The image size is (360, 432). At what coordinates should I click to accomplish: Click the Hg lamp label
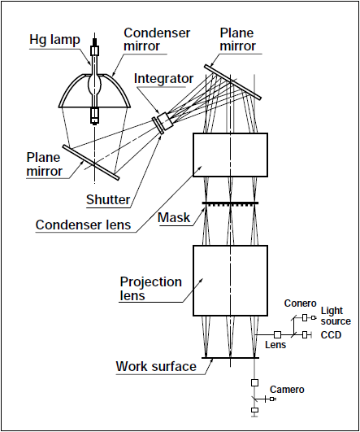pyautogui.click(x=54, y=40)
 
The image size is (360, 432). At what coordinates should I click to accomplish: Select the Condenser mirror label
pyautogui.click(x=157, y=39)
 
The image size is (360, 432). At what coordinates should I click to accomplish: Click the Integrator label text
pyautogui.click(x=163, y=79)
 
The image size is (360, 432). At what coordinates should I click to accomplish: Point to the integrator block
pyautogui.click(x=166, y=121)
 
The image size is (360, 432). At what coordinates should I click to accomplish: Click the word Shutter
pyautogui.click(x=108, y=199)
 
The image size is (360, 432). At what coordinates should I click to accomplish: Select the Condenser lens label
pyautogui.click(x=83, y=225)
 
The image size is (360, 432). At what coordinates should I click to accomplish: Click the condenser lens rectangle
pyautogui.click(x=230, y=155)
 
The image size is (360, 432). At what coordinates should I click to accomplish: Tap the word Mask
pyautogui.click(x=174, y=217)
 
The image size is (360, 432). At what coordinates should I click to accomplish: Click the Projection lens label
pyautogui.click(x=151, y=289)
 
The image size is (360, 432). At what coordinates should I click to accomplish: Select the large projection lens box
pyautogui.click(x=230, y=281)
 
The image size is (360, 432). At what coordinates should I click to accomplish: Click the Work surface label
pyautogui.click(x=156, y=366)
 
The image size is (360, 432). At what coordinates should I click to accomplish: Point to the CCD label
pyautogui.click(x=331, y=334)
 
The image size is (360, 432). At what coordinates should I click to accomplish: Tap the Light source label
pyautogui.click(x=336, y=316)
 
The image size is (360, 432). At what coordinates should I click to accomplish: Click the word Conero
pyautogui.click(x=301, y=303)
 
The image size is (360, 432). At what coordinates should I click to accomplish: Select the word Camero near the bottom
pyautogui.click(x=287, y=390)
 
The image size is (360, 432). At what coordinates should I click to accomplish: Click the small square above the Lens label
pyautogui.click(x=277, y=334)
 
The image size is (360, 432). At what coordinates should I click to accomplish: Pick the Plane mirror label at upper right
pyautogui.click(x=238, y=39)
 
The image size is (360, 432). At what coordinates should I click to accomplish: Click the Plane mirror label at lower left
pyautogui.click(x=45, y=164)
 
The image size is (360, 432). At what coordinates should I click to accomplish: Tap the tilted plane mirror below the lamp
pyautogui.click(x=91, y=163)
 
